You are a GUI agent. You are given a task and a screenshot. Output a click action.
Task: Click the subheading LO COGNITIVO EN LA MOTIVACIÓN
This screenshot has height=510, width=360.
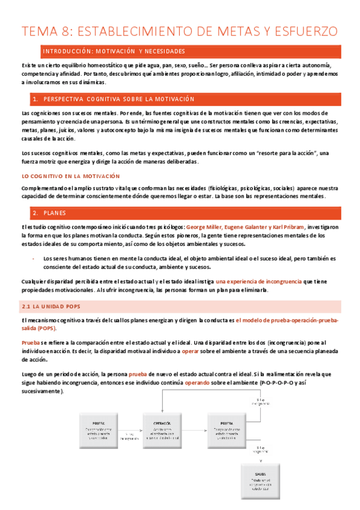(71, 176)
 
